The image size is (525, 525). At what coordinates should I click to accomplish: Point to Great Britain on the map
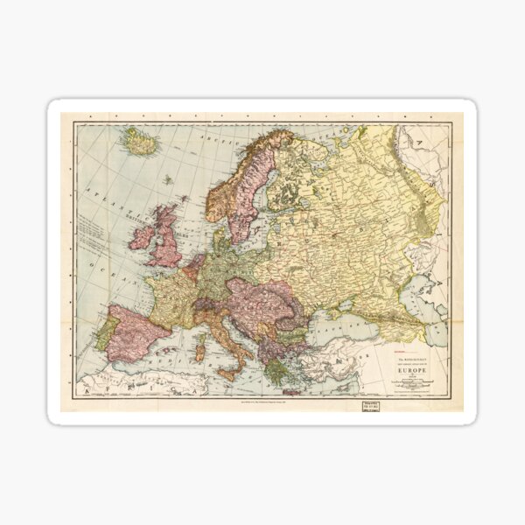coord(166,241)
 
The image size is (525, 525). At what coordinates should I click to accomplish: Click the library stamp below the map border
coord(365,406)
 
